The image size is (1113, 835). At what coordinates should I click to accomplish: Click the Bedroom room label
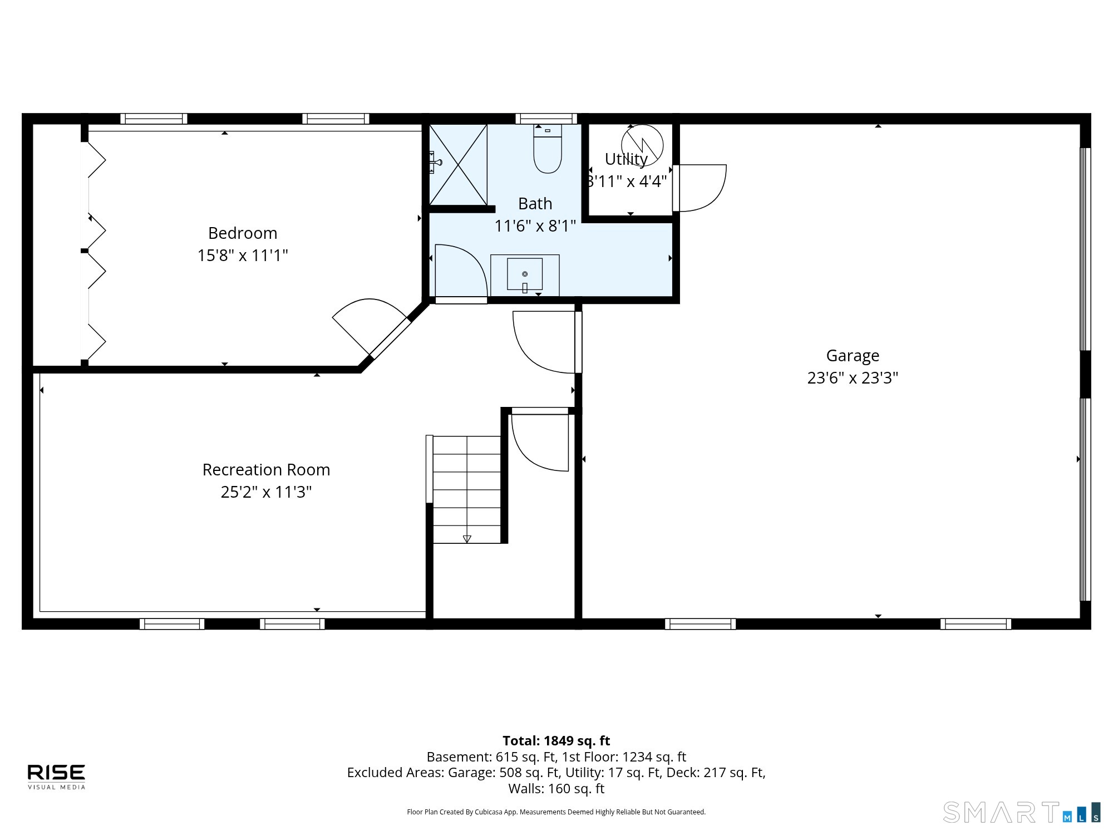pyautogui.click(x=243, y=233)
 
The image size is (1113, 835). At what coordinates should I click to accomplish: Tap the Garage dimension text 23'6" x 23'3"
pyautogui.click(x=853, y=378)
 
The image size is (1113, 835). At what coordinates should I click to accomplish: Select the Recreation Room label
pyautogui.click(x=266, y=470)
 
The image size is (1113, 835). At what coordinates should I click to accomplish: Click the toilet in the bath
pyautogui.click(x=548, y=149)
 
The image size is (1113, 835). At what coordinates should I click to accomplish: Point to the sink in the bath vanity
pyautogui.click(x=525, y=274)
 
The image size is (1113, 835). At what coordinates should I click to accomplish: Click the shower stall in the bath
pyautogui.click(x=458, y=164)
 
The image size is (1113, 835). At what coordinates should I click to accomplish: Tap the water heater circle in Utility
pyautogui.click(x=642, y=145)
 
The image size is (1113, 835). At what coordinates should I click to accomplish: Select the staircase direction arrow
pyautogui.click(x=467, y=539)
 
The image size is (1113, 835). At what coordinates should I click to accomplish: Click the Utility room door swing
pyautogui.click(x=700, y=188)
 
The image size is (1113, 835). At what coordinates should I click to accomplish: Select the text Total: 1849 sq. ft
pyautogui.click(x=556, y=741)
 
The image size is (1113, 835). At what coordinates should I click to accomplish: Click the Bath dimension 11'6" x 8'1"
pyautogui.click(x=535, y=226)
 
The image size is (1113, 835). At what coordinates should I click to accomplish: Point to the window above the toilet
pyautogui.click(x=546, y=119)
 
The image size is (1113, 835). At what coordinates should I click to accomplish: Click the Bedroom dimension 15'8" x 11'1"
pyautogui.click(x=243, y=256)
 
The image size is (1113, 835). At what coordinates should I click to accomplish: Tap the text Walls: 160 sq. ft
pyautogui.click(x=556, y=789)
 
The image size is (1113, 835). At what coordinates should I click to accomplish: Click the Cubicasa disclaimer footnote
pyautogui.click(x=556, y=812)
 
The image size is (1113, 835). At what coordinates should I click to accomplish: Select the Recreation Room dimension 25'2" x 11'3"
pyautogui.click(x=266, y=492)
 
